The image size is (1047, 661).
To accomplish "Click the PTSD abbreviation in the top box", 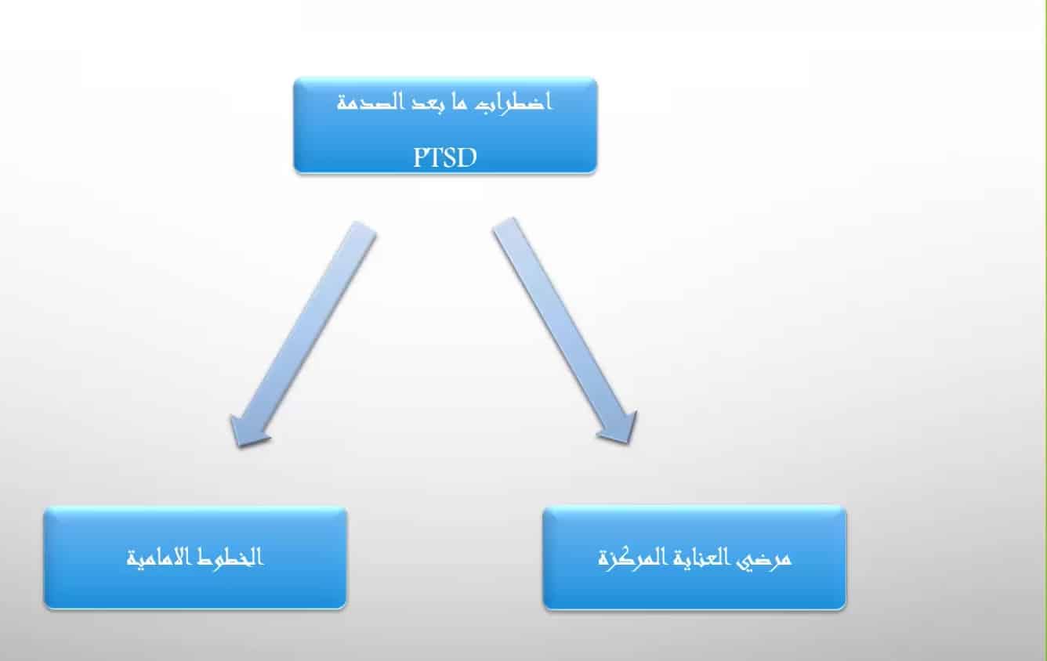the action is [445, 157].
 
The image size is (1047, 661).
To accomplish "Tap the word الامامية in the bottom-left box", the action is [158, 558].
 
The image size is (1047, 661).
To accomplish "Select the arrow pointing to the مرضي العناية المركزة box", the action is [564, 330].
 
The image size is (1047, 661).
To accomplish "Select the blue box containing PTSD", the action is [445, 125].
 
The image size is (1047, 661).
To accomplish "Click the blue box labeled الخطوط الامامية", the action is [195, 558].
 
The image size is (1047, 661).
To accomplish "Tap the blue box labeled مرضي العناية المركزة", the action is [694, 558].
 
